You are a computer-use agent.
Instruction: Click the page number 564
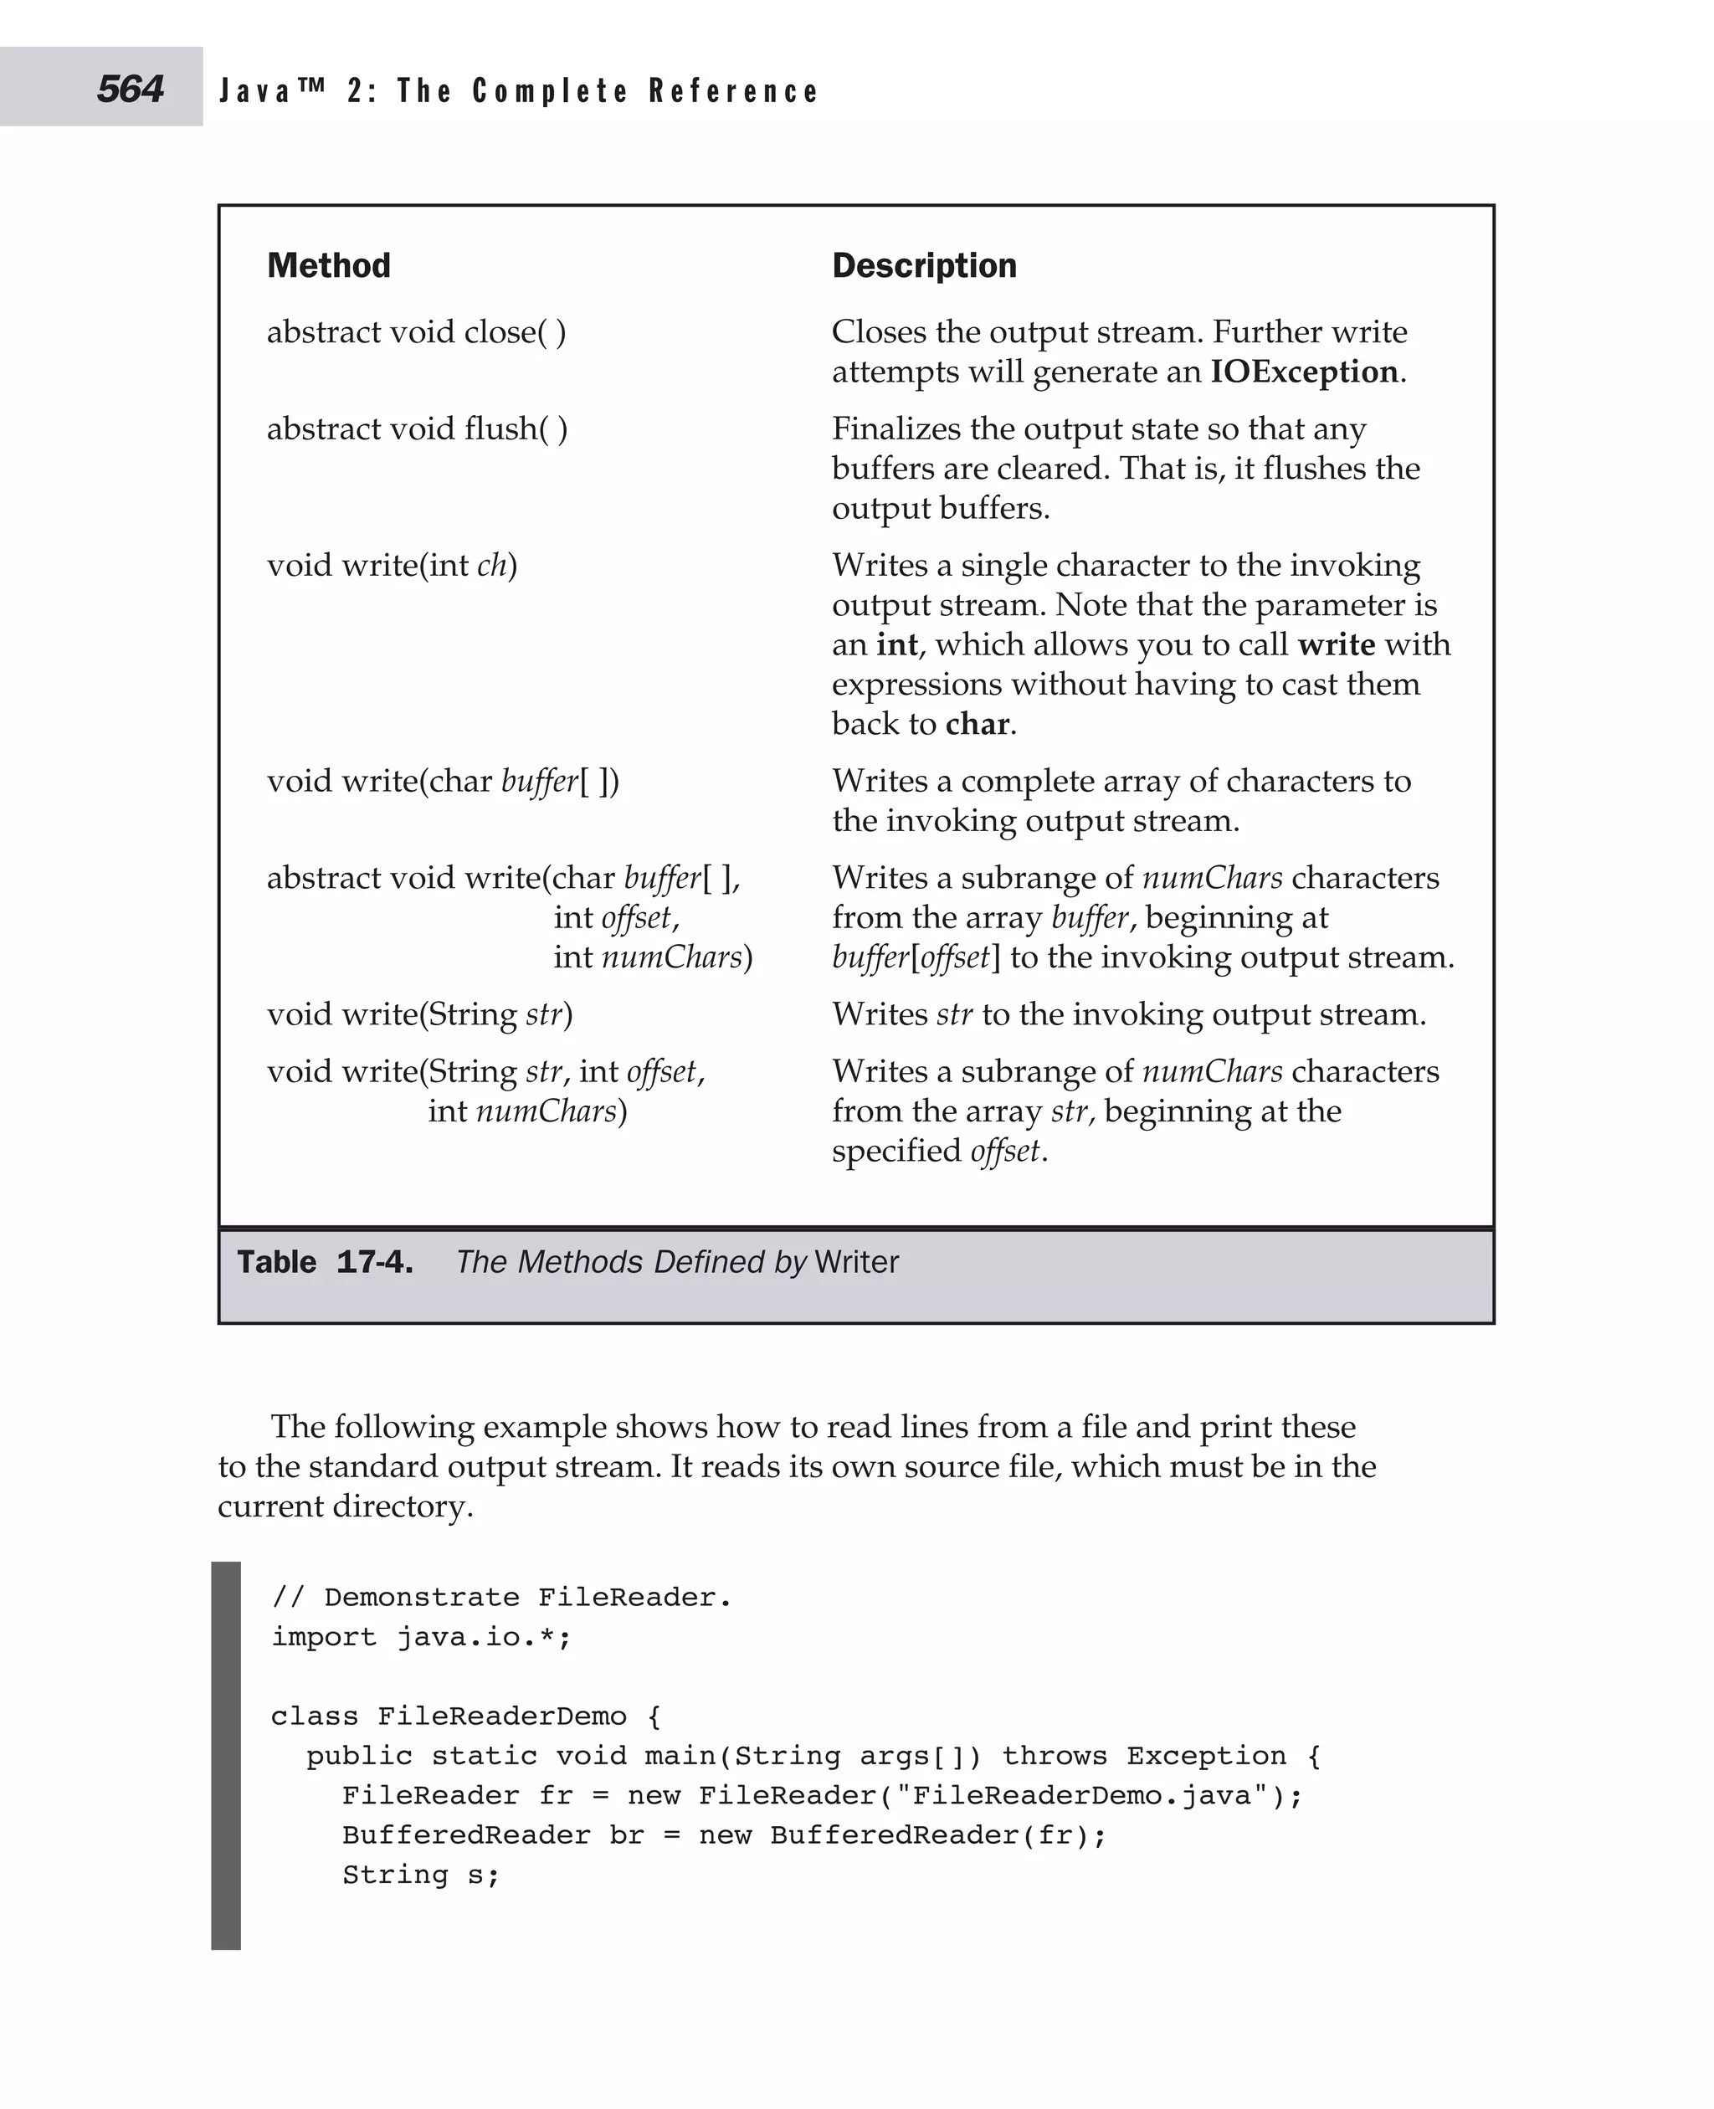point(131,89)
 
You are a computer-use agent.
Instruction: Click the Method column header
point(329,265)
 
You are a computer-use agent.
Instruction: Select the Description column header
point(924,265)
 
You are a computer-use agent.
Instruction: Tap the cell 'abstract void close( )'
point(417,331)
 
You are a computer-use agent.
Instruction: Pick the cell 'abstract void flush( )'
point(417,428)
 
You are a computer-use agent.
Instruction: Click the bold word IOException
point(1304,372)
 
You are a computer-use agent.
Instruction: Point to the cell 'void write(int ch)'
point(392,565)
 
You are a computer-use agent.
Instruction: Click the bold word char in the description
point(978,724)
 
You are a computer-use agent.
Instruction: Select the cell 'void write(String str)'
point(419,1014)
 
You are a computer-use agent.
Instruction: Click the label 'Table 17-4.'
point(325,1262)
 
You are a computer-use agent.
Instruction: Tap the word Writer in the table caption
point(857,1262)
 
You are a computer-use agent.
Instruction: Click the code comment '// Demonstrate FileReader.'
point(501,1598)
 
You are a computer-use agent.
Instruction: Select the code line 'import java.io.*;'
point(422,1637)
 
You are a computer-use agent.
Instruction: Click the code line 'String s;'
point(422,1875)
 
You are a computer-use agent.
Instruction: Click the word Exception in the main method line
point(1207,1756)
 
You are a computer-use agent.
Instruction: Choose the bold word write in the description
point(1336,644)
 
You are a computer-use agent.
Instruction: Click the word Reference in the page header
point(734,91)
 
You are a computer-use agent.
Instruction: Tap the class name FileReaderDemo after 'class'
point(501,1716)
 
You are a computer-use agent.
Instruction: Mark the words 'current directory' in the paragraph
point(345,1506)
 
